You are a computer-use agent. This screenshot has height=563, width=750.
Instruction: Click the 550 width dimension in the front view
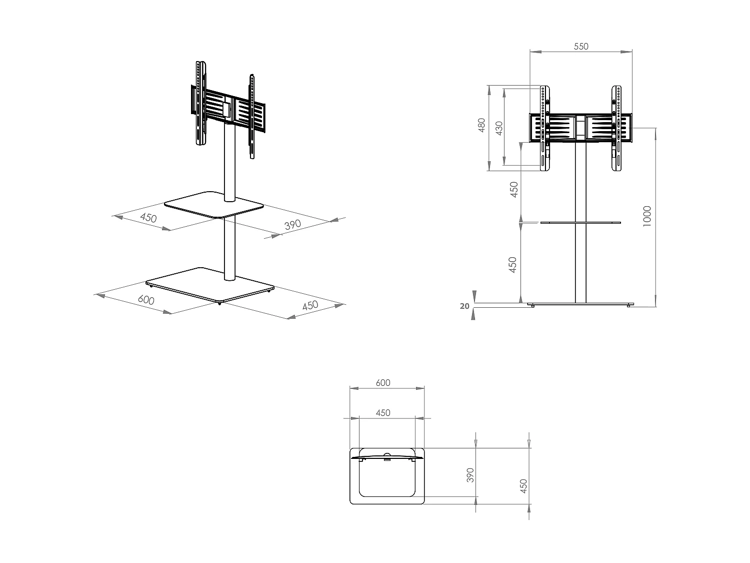[x=581, y=47]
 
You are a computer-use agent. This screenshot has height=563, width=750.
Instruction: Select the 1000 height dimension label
[x=647, y=216]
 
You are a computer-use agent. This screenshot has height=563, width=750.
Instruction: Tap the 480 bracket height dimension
[x=481, y=125]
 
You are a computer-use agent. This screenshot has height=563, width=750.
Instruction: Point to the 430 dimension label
[x=498, y=129]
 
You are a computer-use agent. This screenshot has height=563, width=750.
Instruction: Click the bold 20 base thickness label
[x=465, y=306]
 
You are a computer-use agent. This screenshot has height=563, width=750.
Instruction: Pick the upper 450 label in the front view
[x=513, y=190]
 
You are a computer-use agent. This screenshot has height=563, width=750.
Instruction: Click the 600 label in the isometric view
[x=145, y=300]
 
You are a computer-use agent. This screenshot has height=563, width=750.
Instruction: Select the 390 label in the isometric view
[x=293, y=225]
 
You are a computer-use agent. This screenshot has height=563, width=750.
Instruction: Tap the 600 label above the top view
[x=382, y=383]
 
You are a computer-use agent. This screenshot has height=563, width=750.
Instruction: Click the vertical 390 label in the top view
[x=469, y=475]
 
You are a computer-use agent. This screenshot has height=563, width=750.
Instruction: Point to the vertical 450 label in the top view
[x=523, y=485]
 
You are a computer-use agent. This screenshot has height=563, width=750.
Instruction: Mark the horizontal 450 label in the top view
[x=382, y=413]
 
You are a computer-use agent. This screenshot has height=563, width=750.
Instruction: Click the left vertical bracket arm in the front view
[x=544, y=129]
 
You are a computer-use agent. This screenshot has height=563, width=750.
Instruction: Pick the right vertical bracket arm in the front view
[x=617, y=129]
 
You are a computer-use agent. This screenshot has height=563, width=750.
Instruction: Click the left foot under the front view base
[x=533, y=305]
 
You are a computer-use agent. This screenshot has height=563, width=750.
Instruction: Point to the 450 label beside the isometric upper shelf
[x=148, y=218]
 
